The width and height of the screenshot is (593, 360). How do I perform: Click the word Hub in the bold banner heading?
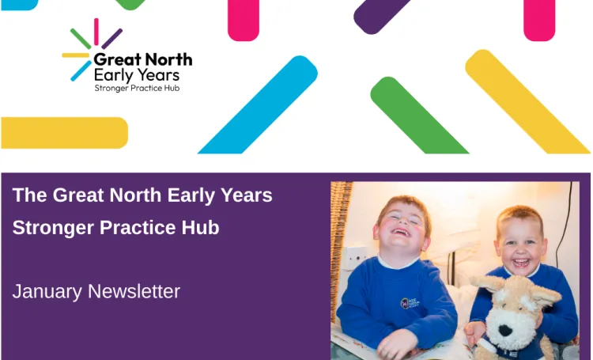coord(202,228)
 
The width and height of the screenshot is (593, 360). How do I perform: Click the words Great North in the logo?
coord(142,59)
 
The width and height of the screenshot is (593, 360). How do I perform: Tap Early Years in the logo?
coord(136,75)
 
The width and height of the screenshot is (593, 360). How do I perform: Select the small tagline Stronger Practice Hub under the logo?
coord(137,88)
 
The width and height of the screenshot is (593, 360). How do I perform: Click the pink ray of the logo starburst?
coord(96,32)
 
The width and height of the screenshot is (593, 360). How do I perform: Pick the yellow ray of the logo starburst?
coord(75,55)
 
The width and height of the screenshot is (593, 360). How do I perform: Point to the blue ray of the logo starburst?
coord(80,71)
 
